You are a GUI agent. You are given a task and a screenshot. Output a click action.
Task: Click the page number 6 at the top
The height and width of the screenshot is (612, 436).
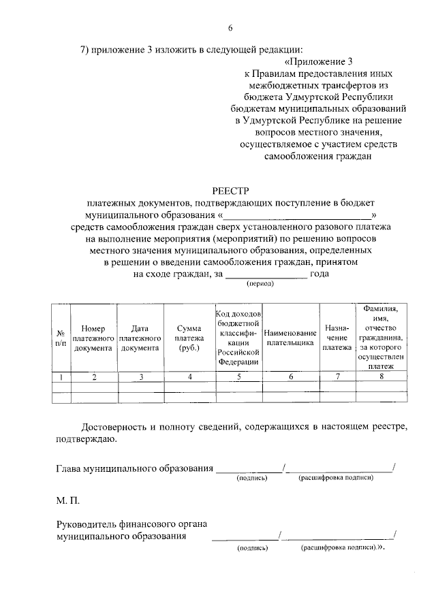click(x=230, y=28)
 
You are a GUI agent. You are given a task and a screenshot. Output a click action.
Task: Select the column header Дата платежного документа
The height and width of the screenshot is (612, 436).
click(x=140, y=338)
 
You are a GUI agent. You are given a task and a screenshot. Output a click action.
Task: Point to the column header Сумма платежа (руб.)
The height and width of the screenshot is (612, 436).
click(x=189, y=338)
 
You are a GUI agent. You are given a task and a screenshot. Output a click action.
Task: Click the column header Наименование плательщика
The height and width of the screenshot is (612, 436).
click(x=290, y=338)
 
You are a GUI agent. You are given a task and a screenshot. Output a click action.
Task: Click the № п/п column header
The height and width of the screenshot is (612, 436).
click(x=61, y=338)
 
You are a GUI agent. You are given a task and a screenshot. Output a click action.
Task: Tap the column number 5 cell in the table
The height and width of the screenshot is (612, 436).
click(x=238, y=376)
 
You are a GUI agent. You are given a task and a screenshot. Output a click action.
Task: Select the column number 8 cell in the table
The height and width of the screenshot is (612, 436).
click(x=381, y=376)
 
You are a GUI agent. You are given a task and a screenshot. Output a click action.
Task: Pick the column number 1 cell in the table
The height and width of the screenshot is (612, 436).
click(x=61, y=376)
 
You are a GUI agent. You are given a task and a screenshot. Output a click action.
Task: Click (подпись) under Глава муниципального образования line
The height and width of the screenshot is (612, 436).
click(x=251, y=479)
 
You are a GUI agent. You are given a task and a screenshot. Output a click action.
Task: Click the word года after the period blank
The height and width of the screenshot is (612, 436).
click(x=320, y=274)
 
